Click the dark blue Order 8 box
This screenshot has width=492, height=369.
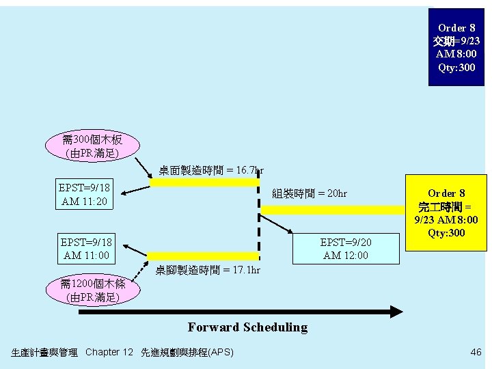[456, 46]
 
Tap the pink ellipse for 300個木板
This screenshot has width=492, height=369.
[92, 146]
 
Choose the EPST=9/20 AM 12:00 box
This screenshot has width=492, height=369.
[345, 249]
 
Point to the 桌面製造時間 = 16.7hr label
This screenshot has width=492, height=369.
[211, 169]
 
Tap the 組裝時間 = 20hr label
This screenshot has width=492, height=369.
[310, 193]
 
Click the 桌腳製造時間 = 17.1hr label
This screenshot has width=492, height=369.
[208, 270]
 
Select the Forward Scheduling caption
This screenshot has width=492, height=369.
[247, 327]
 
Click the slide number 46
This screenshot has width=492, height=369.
[476, 352]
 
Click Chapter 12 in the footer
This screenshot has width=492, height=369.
[109, 352]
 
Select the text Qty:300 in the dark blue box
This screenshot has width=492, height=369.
[456, 68]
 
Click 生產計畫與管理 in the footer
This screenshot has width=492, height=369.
[44, 353]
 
